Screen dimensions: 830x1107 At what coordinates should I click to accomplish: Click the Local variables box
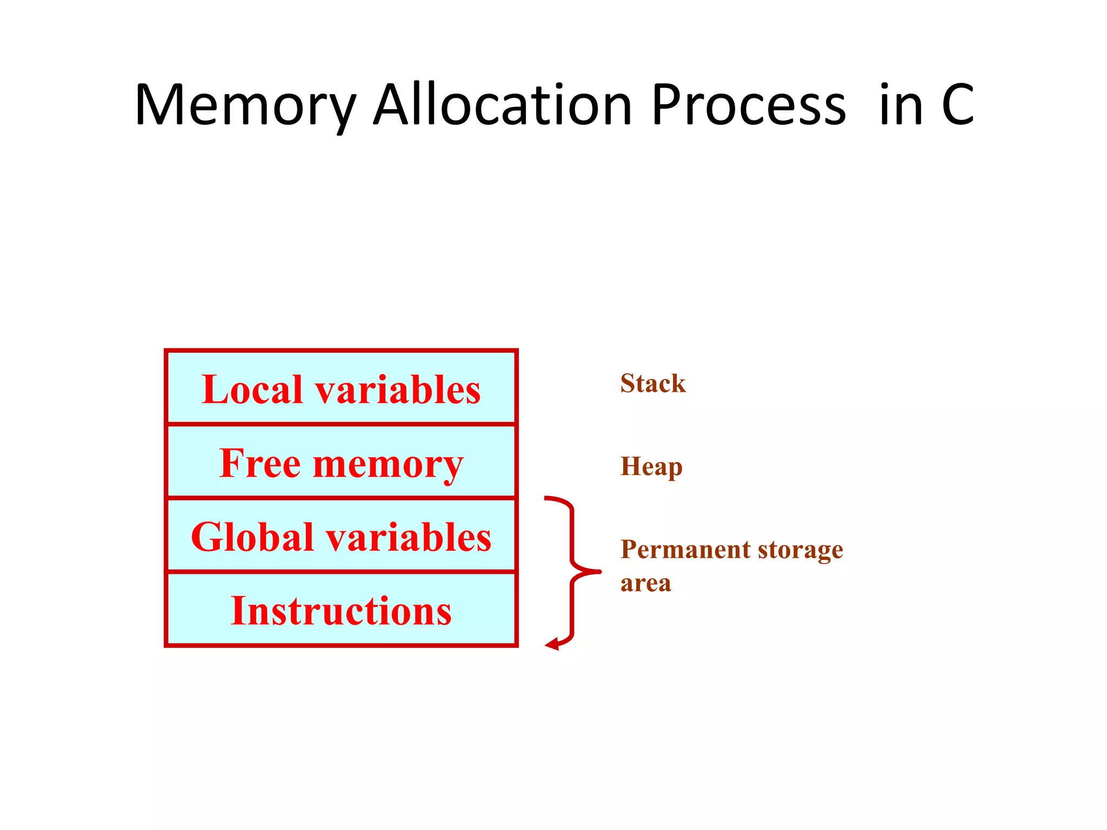coord(341,388)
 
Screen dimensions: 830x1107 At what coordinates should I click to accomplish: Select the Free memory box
coord(341,462)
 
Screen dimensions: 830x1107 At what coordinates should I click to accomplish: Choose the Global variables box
coord(341,536)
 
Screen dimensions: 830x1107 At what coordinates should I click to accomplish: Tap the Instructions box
coord(341,610)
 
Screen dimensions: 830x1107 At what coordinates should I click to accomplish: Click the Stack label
coord(653,384)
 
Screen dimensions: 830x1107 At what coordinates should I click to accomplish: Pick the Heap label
coord(651,467)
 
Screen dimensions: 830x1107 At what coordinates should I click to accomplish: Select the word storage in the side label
coord(801,551)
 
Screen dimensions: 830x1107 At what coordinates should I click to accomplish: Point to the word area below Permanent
coord(645,584)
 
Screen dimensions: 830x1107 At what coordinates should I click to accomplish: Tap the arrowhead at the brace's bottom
coord(552,644)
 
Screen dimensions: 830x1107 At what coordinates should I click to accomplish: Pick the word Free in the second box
coord(260,463)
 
